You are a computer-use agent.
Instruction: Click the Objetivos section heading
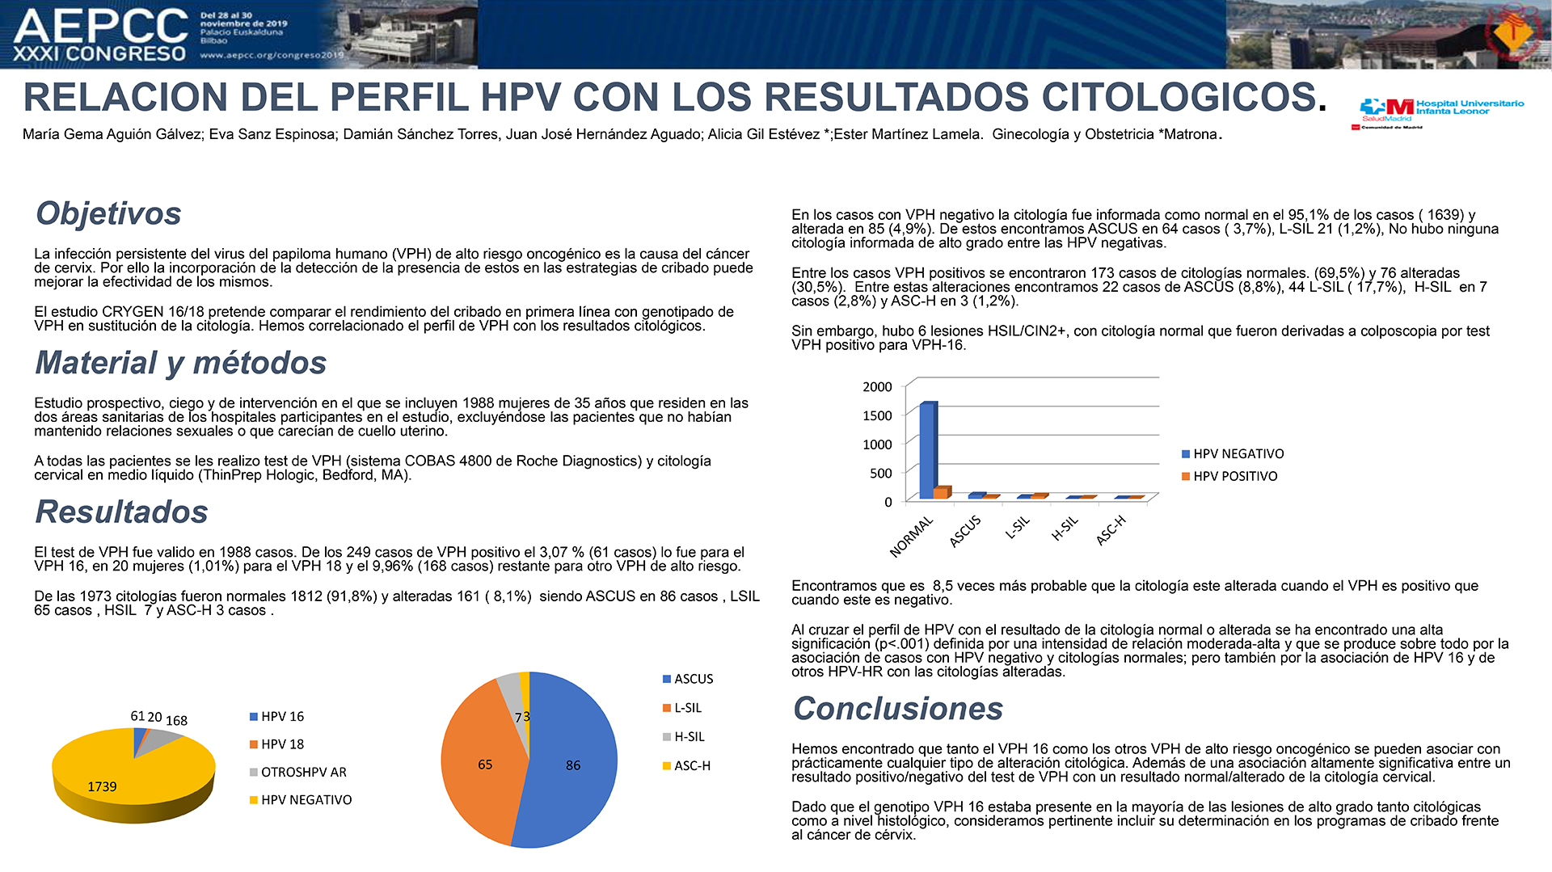coord(108,213)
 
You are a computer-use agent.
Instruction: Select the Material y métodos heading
coord(181,363)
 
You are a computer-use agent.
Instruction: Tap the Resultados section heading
coord(121,512)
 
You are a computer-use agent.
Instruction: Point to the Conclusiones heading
coord(898,709)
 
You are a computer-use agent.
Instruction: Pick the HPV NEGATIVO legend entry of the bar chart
coord(1233,454)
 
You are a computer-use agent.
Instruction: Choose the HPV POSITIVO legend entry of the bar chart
coord(1229,477)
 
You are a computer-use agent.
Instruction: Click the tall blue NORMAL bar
coord(928,450)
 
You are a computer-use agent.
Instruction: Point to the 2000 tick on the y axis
coord(877,387)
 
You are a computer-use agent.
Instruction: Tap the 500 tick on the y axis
coord(881,474)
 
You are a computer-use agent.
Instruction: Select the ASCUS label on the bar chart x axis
coord(964,531)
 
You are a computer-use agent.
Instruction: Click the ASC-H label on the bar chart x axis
coord(1111,530)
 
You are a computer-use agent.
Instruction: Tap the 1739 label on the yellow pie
coord(102,787)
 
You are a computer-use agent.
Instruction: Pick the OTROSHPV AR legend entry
coord(298,773)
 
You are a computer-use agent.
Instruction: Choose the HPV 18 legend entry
coord(276,744)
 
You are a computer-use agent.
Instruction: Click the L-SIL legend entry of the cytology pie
coord(682,708)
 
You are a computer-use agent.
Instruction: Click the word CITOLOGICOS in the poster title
coord(1179,97)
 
